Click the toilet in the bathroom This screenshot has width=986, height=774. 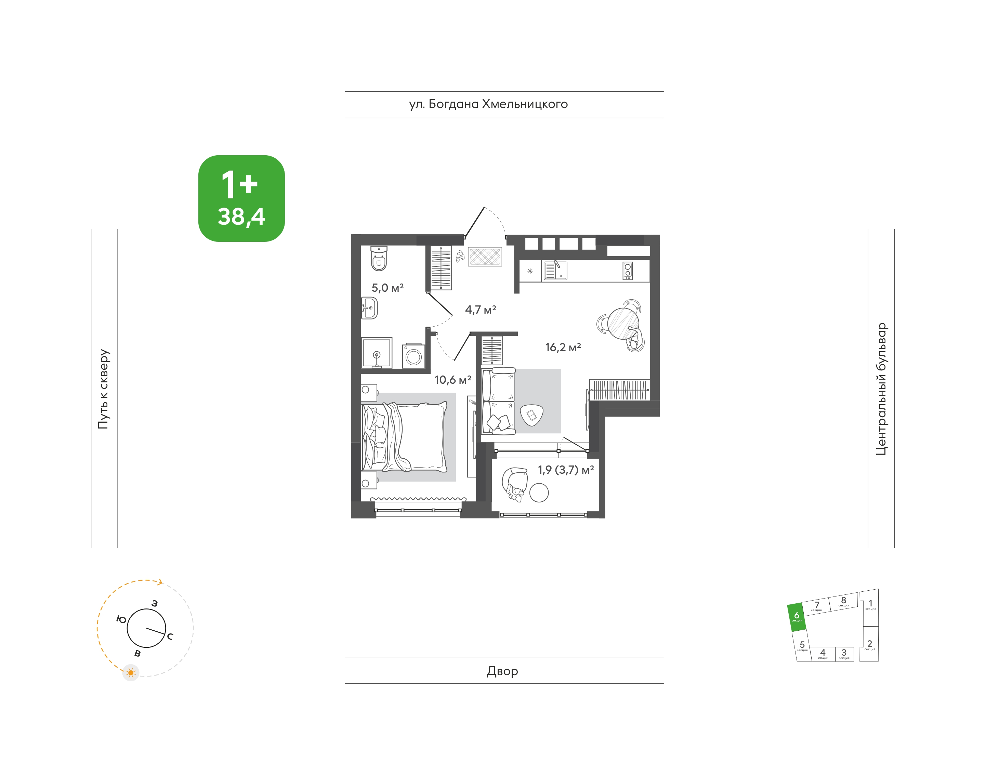[379, 258]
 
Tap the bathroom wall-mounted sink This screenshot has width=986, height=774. [369, 308]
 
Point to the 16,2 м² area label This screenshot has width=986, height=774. [563, 347]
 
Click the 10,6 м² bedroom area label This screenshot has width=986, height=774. [453, 380]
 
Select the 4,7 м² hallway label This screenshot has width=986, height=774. [480, 310]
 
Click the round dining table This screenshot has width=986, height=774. [623, 324]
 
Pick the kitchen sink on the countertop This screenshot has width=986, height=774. [555, 271]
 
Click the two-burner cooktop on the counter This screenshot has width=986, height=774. [628, 271]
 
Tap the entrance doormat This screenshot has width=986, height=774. [485, 257]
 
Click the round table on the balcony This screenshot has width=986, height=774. [539, 493]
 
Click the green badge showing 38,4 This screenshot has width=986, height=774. [241, 198]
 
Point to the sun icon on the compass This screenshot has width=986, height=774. [131, 672]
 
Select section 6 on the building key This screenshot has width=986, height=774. [797, 617]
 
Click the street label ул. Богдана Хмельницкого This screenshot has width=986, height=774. [488, 104]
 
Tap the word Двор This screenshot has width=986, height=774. [502, 671]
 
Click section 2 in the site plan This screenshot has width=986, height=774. [869, 644]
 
